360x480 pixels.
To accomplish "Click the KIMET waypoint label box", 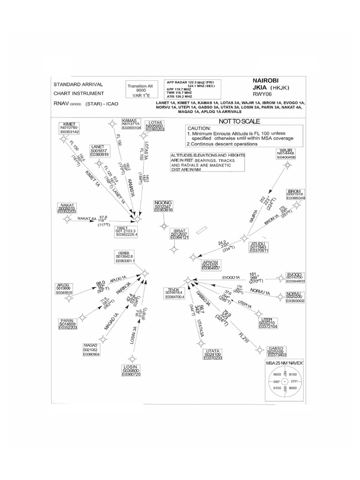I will (x=69, y=129).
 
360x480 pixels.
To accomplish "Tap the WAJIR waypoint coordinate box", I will (x=286, y=154).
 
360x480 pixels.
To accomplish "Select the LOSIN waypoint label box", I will (x=131, y=370).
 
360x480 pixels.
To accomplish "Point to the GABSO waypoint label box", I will (x=276, y=352).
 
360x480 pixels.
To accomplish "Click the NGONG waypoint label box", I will (x=163, y=206).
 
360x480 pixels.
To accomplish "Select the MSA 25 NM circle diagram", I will (x=285, y=382).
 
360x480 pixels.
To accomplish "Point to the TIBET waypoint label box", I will (x=127, y=231).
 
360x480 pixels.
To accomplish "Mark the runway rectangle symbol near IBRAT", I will (x=202, y=230).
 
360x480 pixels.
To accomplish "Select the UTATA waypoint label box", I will (x=212, y=354).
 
